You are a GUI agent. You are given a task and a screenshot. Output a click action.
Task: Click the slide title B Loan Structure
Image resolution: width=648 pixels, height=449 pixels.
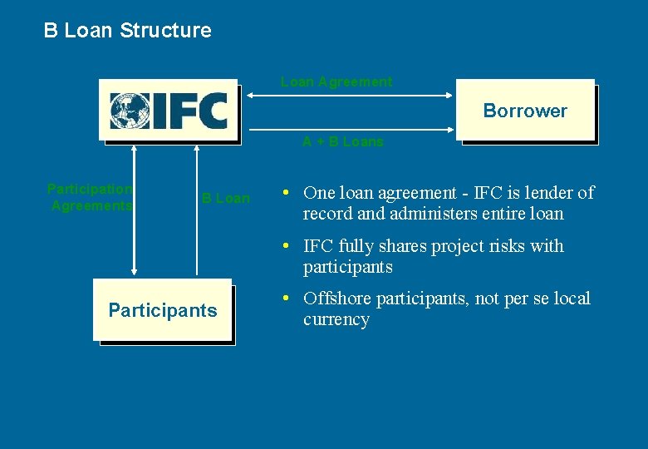click(127, 31)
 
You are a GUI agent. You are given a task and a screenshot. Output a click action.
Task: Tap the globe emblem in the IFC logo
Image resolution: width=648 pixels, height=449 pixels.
click(130, 111)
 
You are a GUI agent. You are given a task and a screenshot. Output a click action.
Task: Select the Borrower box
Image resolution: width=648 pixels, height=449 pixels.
click(525, 111)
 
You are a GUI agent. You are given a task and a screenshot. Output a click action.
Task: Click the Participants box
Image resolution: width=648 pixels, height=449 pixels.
click(162, 310)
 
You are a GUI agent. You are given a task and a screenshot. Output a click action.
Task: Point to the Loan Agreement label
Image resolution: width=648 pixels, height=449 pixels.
click(336, 81)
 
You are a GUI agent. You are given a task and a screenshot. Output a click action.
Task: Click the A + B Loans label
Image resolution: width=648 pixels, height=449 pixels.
click(342, 141)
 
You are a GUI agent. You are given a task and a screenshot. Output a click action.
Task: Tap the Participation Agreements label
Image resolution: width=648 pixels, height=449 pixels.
click(91, 197)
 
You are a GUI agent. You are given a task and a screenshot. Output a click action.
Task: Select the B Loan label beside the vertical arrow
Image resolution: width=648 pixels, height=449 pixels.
click(225, 198)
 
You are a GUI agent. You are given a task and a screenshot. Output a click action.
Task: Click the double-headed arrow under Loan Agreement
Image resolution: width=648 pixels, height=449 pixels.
click(347, 96)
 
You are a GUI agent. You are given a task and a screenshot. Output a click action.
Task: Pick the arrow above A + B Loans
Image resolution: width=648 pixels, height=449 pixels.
click(347, 130)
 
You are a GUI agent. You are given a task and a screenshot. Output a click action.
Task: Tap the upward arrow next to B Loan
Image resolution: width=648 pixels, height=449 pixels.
click(197, 209)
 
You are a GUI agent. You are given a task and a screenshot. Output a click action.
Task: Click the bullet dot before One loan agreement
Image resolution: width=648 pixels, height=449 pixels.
click(285, 193)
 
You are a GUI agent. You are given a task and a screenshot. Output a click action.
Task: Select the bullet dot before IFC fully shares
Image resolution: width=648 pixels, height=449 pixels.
click(285, 246)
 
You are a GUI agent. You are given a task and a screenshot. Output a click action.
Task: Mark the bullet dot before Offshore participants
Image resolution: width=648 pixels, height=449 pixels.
click(285, 299)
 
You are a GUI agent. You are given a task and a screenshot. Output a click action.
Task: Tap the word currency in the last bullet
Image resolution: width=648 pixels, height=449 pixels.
click(336, 319)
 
